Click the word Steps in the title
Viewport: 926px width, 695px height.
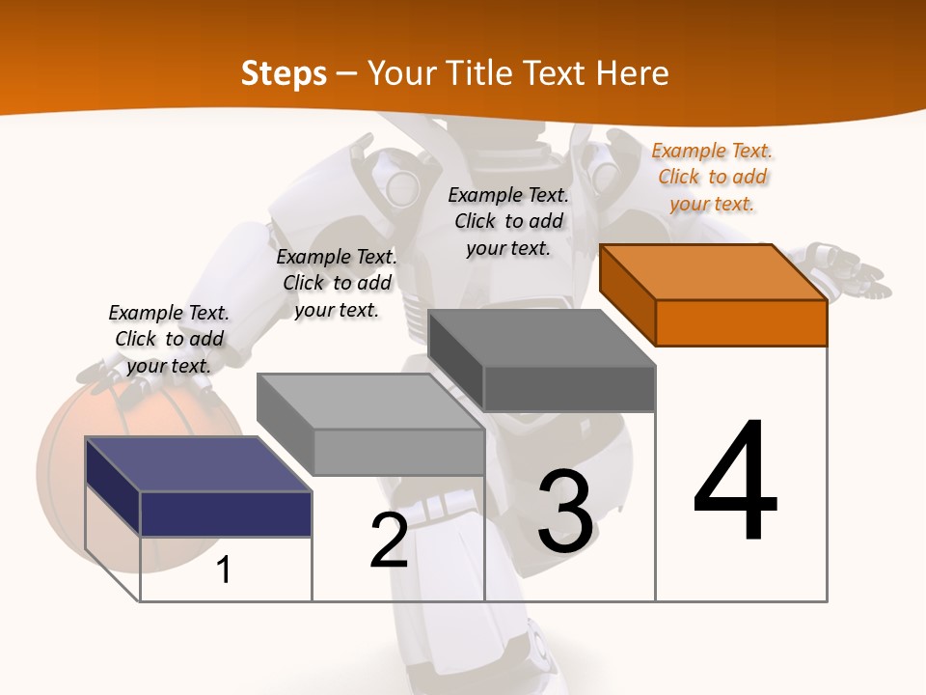coord(284,73)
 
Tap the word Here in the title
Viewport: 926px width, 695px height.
coord(633,73)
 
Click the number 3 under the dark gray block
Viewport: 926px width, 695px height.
coord(565,512)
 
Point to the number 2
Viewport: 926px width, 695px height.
coord(389,542)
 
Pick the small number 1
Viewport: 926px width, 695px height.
coord(224,570)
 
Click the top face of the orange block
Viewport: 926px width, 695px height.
coord(712,271)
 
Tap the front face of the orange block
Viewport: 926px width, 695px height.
coord(741,322)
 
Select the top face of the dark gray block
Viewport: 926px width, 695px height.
coord(540,338)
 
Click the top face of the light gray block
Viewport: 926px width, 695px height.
coord(369,402)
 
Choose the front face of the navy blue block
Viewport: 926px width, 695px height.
coord(226,514)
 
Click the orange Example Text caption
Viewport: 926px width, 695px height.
coord(712,177)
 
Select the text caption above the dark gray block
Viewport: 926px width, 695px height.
coord(508,221)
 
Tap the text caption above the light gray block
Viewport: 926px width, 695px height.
coord(337,283)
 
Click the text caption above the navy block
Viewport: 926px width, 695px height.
coord(169,339)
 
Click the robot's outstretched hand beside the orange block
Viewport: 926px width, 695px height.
coord(849,269)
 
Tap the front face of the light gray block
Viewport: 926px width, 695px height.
coord(398,452)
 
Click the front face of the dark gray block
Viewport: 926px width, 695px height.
coord(569,389)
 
